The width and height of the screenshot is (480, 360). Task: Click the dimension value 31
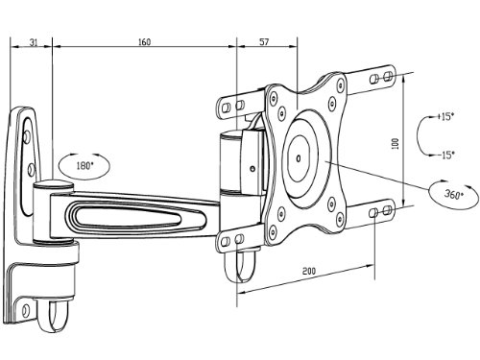(x=34, y=42)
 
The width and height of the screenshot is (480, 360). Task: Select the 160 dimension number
(x=144, y=42)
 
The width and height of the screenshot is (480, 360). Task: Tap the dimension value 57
(x=263, y=42)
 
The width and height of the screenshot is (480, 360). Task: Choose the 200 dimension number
(x=309, y=272)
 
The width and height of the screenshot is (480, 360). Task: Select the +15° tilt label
(x=444, y=116)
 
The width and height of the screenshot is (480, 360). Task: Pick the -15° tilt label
(x=444, y=154)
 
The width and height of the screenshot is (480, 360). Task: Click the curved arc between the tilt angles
(x=423, y=135)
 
